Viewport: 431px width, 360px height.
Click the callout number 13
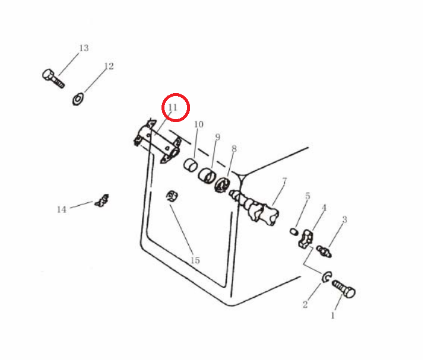84,48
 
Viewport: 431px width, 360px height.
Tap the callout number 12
109,66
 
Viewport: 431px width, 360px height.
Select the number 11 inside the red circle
173,107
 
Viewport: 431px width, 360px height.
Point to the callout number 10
199,125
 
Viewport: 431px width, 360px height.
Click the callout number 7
284,181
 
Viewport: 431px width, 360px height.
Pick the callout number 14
62,209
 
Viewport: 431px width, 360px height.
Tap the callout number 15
195,260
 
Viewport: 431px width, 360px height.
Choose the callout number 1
332,316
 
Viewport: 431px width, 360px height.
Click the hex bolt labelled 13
53,78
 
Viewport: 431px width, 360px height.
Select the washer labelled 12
78,99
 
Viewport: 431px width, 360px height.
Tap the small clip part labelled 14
102,200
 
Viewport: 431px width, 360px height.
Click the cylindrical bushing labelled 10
191,165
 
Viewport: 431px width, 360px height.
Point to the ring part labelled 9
207,175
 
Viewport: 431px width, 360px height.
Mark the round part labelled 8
223,185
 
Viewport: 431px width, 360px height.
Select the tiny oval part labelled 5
294,231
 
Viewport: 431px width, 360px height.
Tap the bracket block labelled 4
306,239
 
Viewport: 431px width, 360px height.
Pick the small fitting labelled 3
324,251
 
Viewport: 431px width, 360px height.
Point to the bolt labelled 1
344,289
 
